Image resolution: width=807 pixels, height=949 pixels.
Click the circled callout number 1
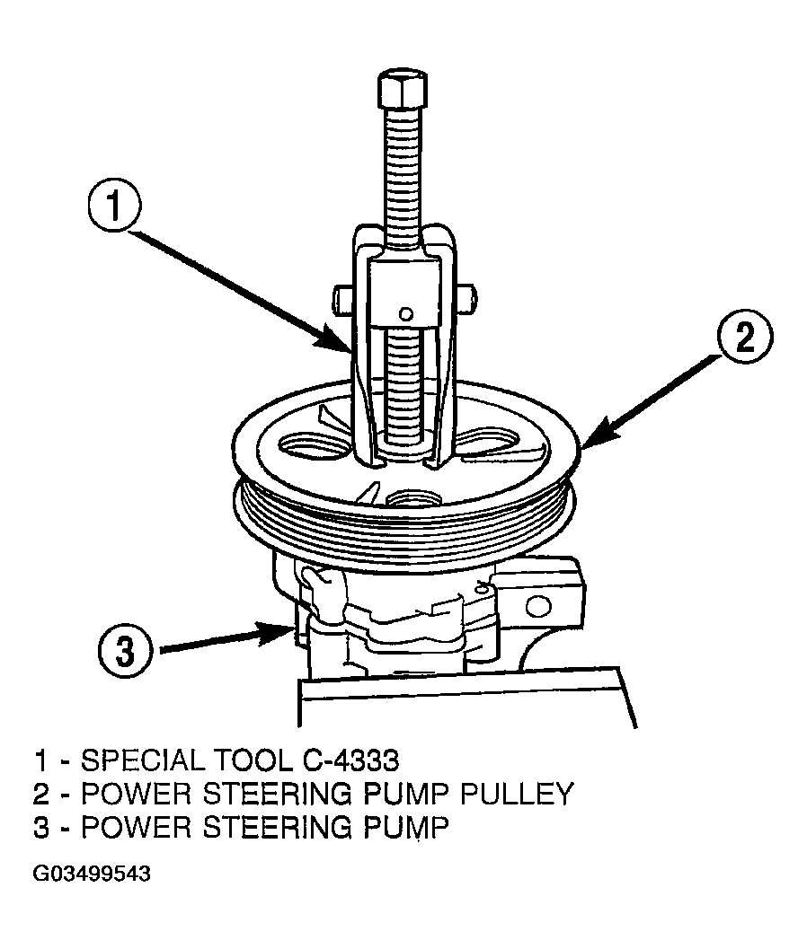pos(114,208)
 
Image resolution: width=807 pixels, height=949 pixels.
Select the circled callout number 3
pos(124,652)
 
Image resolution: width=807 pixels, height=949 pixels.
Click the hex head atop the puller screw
pos(402,90)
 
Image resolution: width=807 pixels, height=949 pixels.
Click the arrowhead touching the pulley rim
pos(595,435)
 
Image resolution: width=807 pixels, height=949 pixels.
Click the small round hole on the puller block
pos(406,314)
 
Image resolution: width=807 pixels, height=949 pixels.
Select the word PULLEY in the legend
pos(517,794)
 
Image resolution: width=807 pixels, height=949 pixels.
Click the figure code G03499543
pos(92,874)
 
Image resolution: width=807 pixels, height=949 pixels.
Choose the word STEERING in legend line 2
pos(281,794)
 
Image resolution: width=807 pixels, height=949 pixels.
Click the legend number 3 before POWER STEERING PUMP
pos(40,828)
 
